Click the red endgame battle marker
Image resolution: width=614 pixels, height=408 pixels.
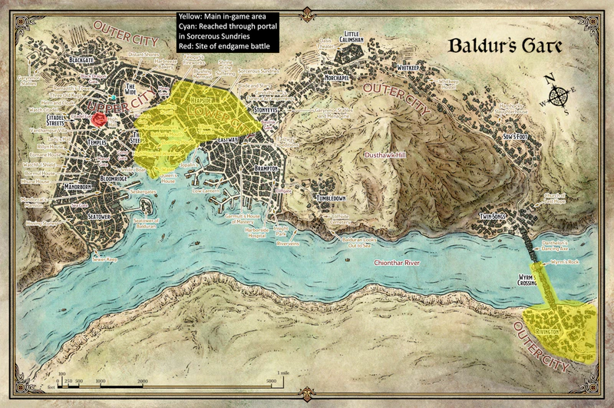pyautogui.click(x=98, y=119)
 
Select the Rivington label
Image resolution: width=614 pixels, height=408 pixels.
pyautogui.click(x=556, y=330)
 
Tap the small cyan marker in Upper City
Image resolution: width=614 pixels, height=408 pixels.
pyautogui.click(x=114, y=98)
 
